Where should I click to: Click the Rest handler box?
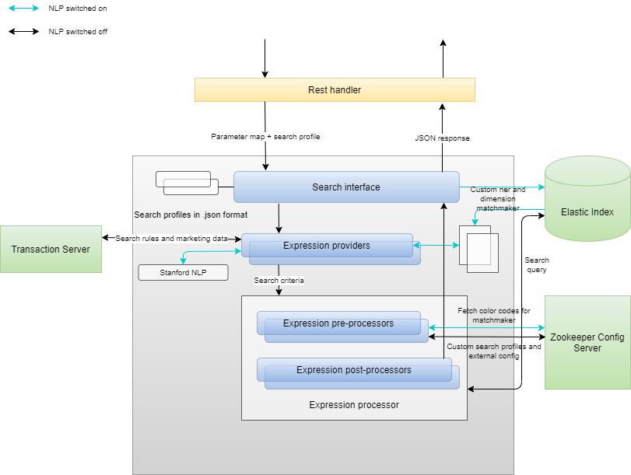(x=335, y=90)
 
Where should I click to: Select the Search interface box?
(x=346, y=187)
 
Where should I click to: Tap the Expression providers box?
(x=327, y=246)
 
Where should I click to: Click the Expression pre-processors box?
(x=338, y=323)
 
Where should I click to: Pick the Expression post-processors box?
(x=354, y=370)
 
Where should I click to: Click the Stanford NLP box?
(x=183, y=273)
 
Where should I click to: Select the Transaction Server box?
(x=51, y=250)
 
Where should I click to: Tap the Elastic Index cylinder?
(x=587, y=211)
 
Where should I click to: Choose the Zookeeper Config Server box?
(x=587, y=343)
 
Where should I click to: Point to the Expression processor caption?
(x=354, y=405)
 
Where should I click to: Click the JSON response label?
(x=442, y=138)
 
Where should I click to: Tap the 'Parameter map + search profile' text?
(x=265, y=137)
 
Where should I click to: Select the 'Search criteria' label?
(x=279, y=280)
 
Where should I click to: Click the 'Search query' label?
(x=536, y=265)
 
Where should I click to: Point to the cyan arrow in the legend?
(x=23, y=8)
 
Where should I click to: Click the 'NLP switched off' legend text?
(x=78, y=32)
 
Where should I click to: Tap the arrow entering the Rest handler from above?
(x=265, y=58)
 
